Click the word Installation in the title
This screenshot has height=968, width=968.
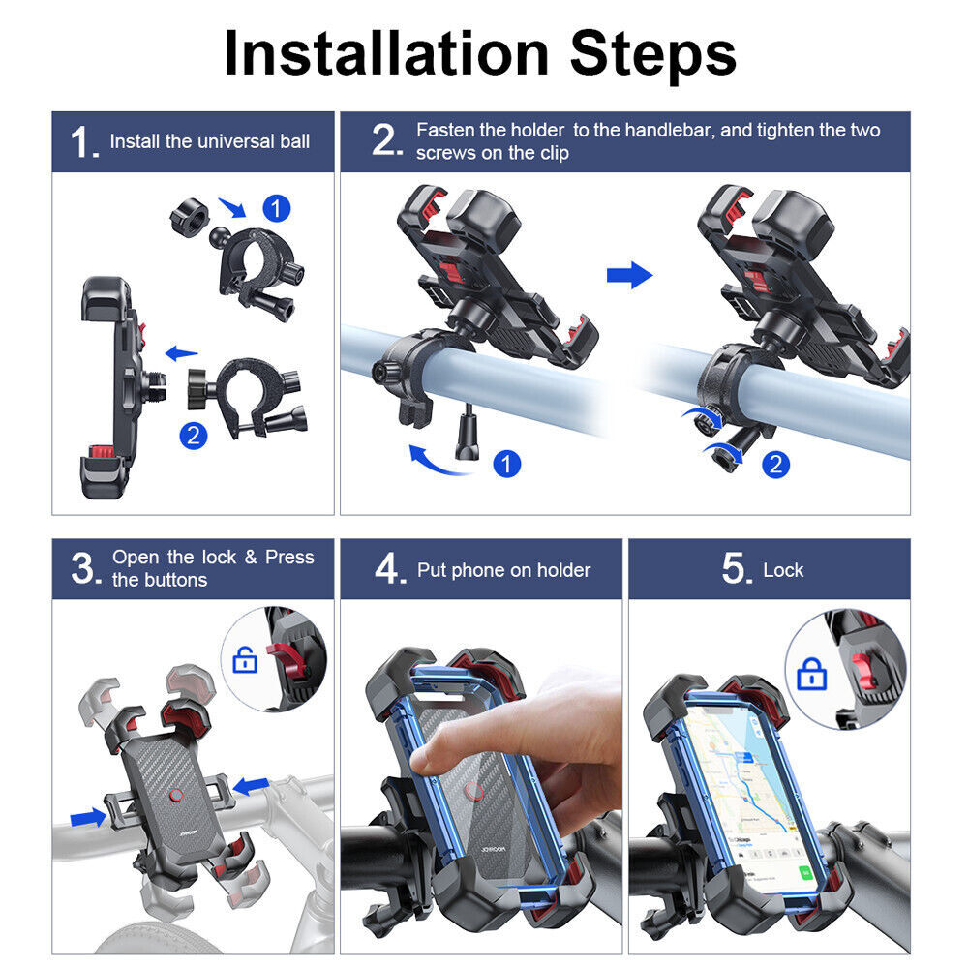pyautogui.click(x=385, y=54)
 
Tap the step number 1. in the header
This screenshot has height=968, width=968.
pyautogui.click(x=84, y=143)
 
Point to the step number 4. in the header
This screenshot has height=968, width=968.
pyautogui.click(x=390, y=570)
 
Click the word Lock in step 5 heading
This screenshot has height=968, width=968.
pyautogui.click(x=783, y=570)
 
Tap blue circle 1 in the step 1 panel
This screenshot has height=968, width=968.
pyautogui.click(x=277, y=208)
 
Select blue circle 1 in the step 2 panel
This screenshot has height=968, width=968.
pyautogui.click(x=506, y=463)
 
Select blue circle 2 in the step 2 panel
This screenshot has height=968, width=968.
pyautogui.click(x=775, y=464)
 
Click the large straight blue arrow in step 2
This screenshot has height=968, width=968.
pyautogui.click(x=629, y=276)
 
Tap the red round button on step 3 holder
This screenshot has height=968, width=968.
pyautogui.click(x=177, y=796)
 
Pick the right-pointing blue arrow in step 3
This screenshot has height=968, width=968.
pyautogui.click(x=90, y=818)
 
